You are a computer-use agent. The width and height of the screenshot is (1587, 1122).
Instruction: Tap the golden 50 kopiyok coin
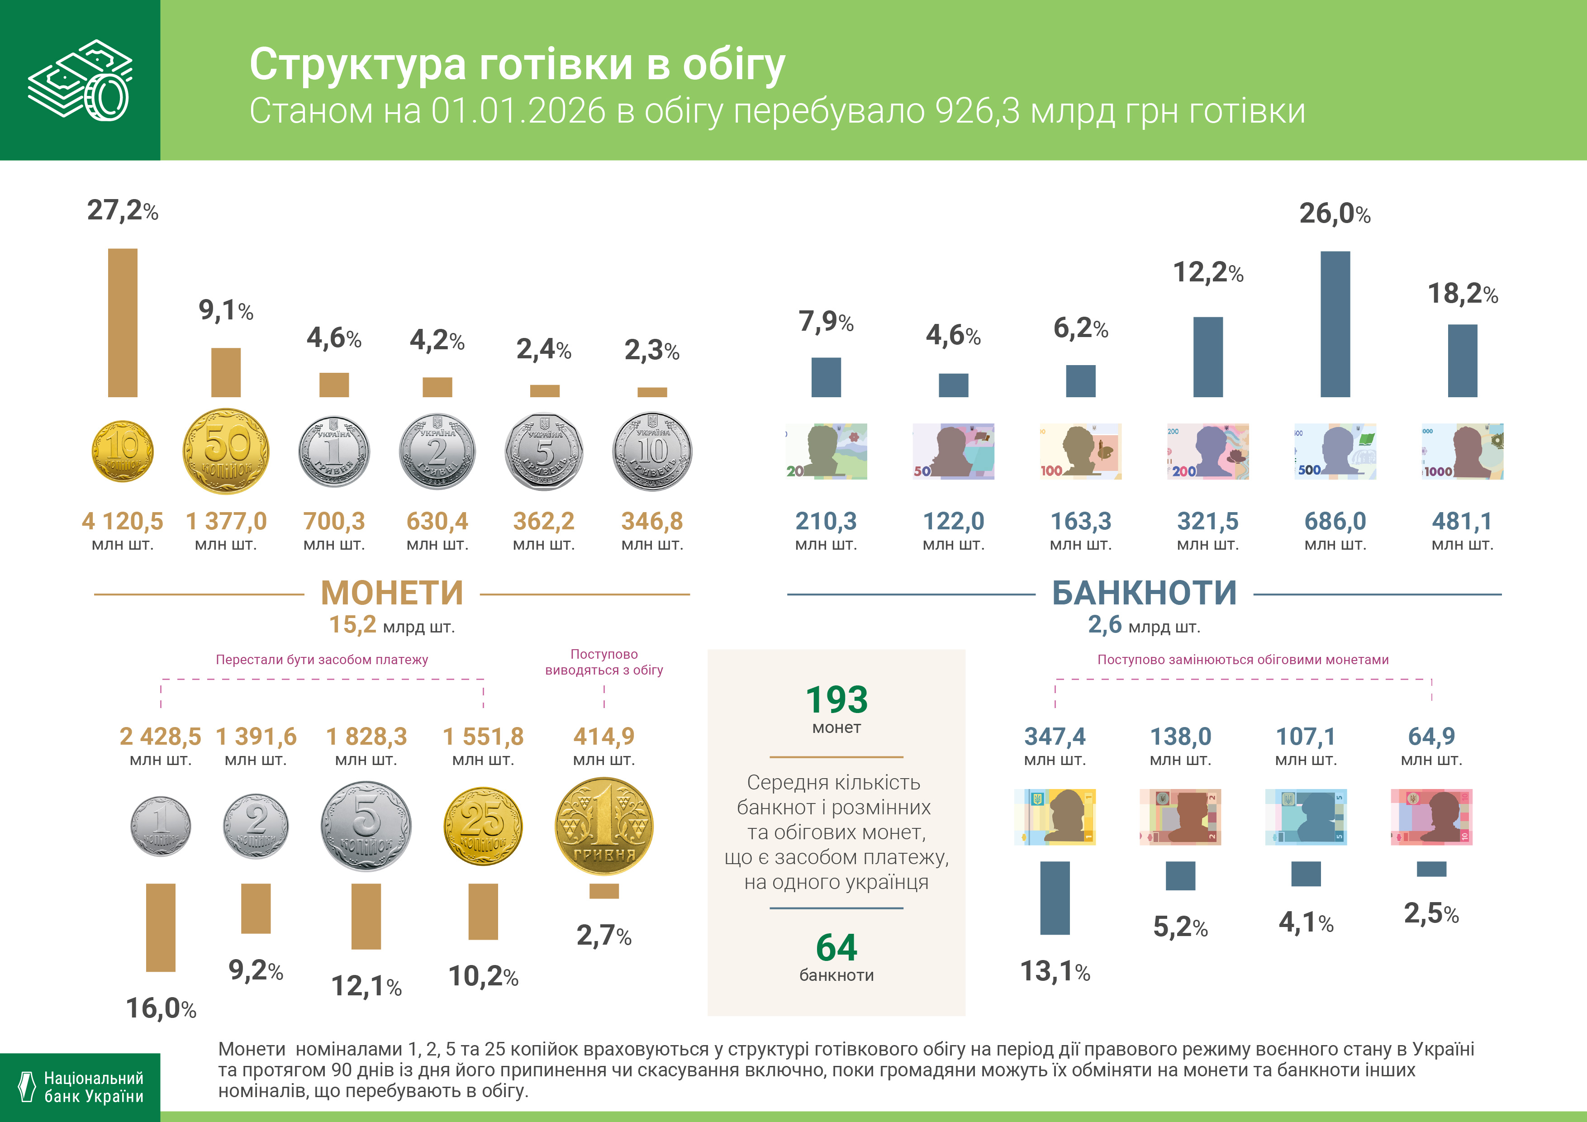pos(226,452)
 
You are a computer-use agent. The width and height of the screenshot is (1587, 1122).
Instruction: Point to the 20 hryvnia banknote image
pos(826,452)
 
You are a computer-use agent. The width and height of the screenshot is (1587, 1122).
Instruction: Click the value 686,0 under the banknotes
pos(1335,521)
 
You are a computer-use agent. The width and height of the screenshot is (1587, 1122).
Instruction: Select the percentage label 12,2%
pos(1207,272)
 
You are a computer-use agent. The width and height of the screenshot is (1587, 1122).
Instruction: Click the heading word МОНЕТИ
pos(392,593)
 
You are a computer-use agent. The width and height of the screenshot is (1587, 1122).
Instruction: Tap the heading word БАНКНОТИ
pos(1144,593)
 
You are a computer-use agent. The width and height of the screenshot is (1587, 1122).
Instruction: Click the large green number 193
pos(836,699)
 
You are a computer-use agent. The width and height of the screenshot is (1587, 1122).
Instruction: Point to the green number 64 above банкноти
pos(836,947)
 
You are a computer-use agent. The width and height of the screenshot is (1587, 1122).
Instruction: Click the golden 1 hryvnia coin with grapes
pos(603,826)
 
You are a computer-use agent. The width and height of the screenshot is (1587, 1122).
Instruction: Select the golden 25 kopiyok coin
pos(483,826)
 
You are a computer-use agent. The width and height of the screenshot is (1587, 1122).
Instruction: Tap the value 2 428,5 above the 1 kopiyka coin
pos(160,736)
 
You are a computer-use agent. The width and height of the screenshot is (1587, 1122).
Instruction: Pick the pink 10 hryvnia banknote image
pos(1431,817)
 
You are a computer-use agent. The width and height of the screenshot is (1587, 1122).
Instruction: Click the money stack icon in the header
pos(80,80)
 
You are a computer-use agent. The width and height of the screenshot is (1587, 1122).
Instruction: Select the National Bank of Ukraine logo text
pos(93,1087)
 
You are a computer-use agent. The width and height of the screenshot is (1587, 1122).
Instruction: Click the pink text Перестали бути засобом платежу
pos(322,660)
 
